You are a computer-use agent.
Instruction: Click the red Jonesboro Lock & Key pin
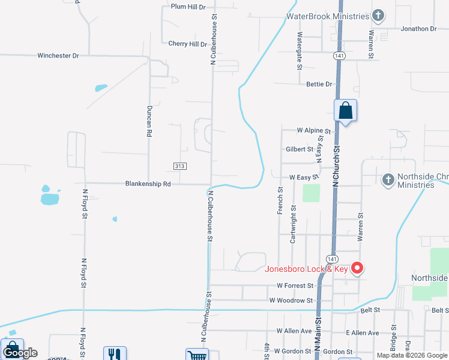[x=357, y=268]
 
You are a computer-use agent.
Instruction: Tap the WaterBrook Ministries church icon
[x=378, y=15]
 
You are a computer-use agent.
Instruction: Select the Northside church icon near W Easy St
[x=388, y=179]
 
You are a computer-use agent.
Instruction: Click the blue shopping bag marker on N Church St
[x=345, y=111]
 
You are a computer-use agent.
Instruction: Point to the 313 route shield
[x=179, y=166]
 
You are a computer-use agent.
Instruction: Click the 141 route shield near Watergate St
[x=340, y=55]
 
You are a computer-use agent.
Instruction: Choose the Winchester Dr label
[x=58, y=55]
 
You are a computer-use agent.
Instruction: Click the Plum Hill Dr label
[x=188, y=7]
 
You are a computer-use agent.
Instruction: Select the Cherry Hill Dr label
[x=187, y=44]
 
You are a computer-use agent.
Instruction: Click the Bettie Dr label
[x=319, y=84]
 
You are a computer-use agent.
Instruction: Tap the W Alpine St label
[x=314, y=130]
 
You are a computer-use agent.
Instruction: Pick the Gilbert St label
[x=300, y=149]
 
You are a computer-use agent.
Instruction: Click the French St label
[x=280, y=200]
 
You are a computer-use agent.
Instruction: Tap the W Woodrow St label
[x=291, y=300]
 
